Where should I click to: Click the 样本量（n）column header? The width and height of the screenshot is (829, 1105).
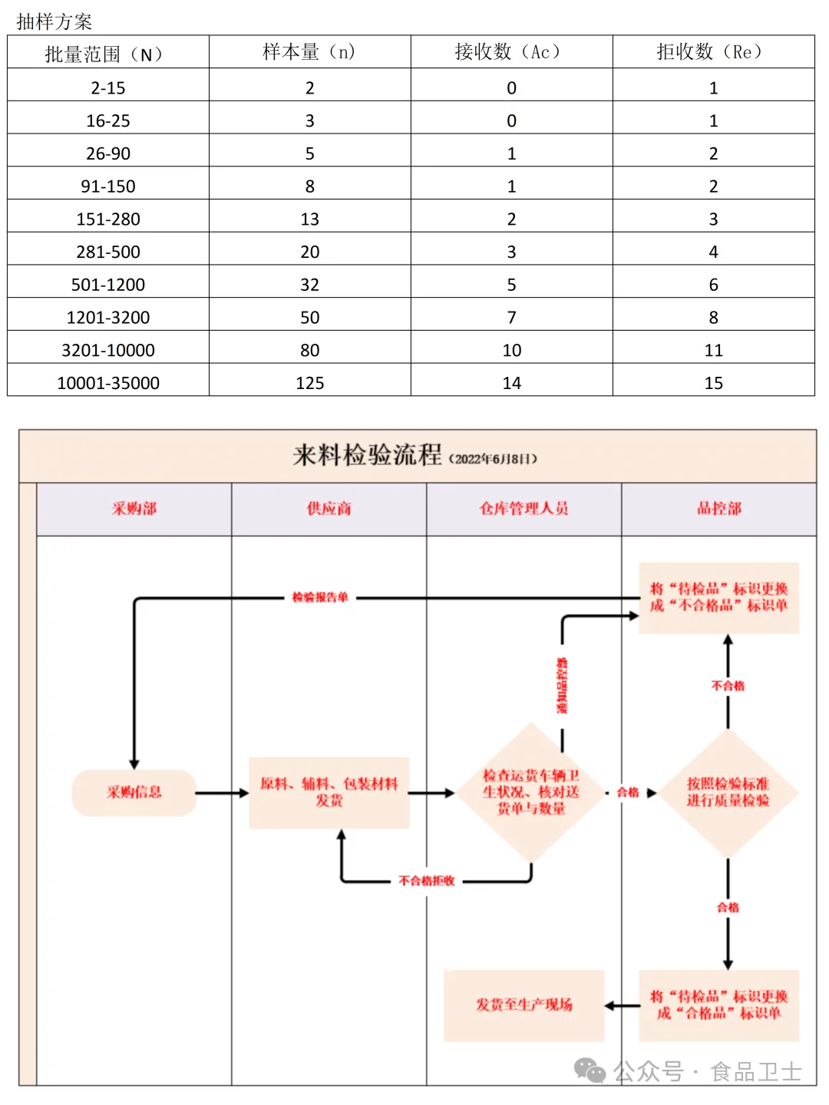pos(309,52)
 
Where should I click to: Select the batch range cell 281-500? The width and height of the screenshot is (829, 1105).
pos(108,252)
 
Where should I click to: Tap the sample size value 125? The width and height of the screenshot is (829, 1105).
pos(309,383)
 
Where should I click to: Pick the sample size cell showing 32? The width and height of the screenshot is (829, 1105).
pos(309,285)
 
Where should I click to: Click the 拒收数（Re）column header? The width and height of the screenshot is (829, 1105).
pos(713,52)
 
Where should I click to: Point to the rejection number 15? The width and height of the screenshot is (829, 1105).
pos(713,383)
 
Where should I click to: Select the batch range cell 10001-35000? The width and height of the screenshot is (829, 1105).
pos(108,383)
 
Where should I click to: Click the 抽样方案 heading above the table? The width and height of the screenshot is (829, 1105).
pos(54,21)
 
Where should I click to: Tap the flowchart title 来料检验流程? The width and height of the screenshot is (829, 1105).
pos(367,455)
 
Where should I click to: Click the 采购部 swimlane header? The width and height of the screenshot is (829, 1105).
pos(134,509)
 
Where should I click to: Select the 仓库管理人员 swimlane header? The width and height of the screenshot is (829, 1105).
pos(523,509)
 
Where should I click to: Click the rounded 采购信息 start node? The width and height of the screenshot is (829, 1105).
pos(134,793)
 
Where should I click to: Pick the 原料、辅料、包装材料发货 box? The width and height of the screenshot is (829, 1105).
pos(329,793)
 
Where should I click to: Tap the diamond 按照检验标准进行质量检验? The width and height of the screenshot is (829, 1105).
pos(728,793)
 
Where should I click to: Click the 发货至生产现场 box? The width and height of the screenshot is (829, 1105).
pos(523,1005)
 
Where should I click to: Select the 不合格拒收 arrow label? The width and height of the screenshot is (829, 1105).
pos(427,881)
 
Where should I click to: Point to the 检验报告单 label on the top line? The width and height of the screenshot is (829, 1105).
pos(320,597)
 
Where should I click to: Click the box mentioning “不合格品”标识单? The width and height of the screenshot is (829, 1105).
pos(719,598)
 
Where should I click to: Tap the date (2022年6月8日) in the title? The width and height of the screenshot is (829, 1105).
pos(494,459)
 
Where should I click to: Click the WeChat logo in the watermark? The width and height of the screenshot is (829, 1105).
pos(590,1070)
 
